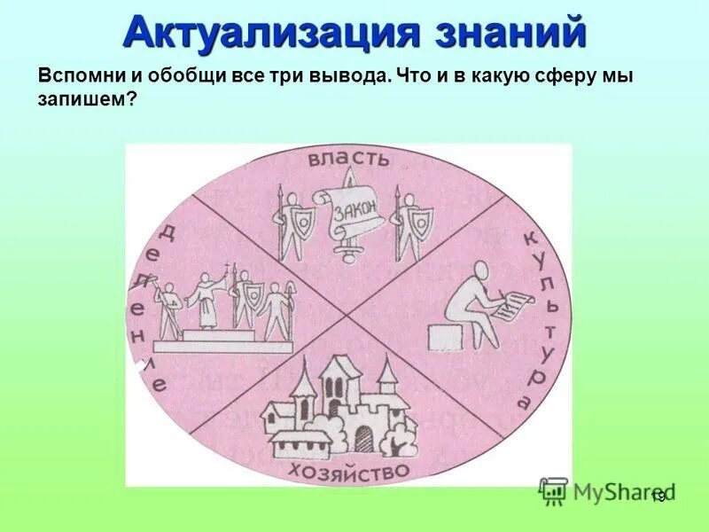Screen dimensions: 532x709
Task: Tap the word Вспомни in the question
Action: (x=74, y=77)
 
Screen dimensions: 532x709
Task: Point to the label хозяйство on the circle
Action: (x=347, y=470)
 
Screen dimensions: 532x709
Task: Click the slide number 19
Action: (x=657, y=497)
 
